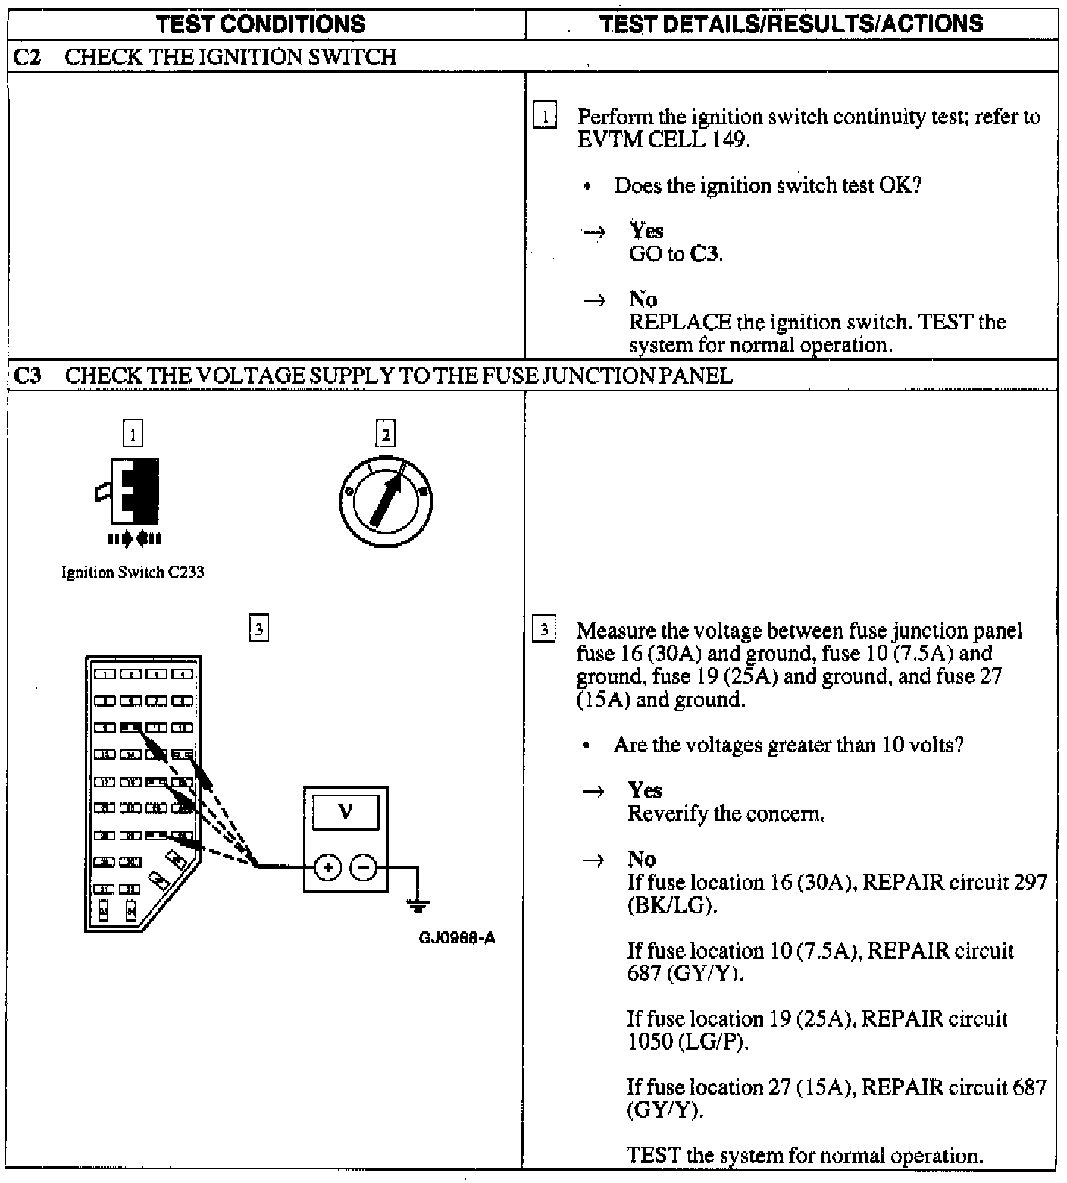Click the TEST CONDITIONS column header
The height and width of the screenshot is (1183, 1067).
pyautogui.click(x=260, y=24)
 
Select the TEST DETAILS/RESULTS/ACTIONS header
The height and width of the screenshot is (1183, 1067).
pyautogui.click(x=791, y=24)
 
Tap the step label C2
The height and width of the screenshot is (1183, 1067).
pyautogui.click(x=27, y=57)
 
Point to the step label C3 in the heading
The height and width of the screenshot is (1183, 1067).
pyautogui.click(x=27, y=375)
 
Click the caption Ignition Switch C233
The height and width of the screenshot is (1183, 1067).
pyautogui.click(x=133, y=572)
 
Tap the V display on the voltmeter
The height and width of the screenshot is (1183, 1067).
pyautogui.click(x=346, y=812)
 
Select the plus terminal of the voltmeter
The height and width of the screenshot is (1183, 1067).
pyautogui.click(x=327, y=867)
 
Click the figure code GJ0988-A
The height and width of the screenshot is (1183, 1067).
pyautogui.click(x=457, y=937)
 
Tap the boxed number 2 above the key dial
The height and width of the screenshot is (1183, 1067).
pyautogui.click(x=386, y=435)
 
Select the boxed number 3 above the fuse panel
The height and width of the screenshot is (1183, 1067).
pyautogui.click(x=259, y=629)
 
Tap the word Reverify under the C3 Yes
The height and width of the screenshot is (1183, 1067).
pyautogui.click(x=665, y=814)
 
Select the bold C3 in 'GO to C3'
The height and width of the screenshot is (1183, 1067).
pyautogui.click(x=704, y=253)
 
